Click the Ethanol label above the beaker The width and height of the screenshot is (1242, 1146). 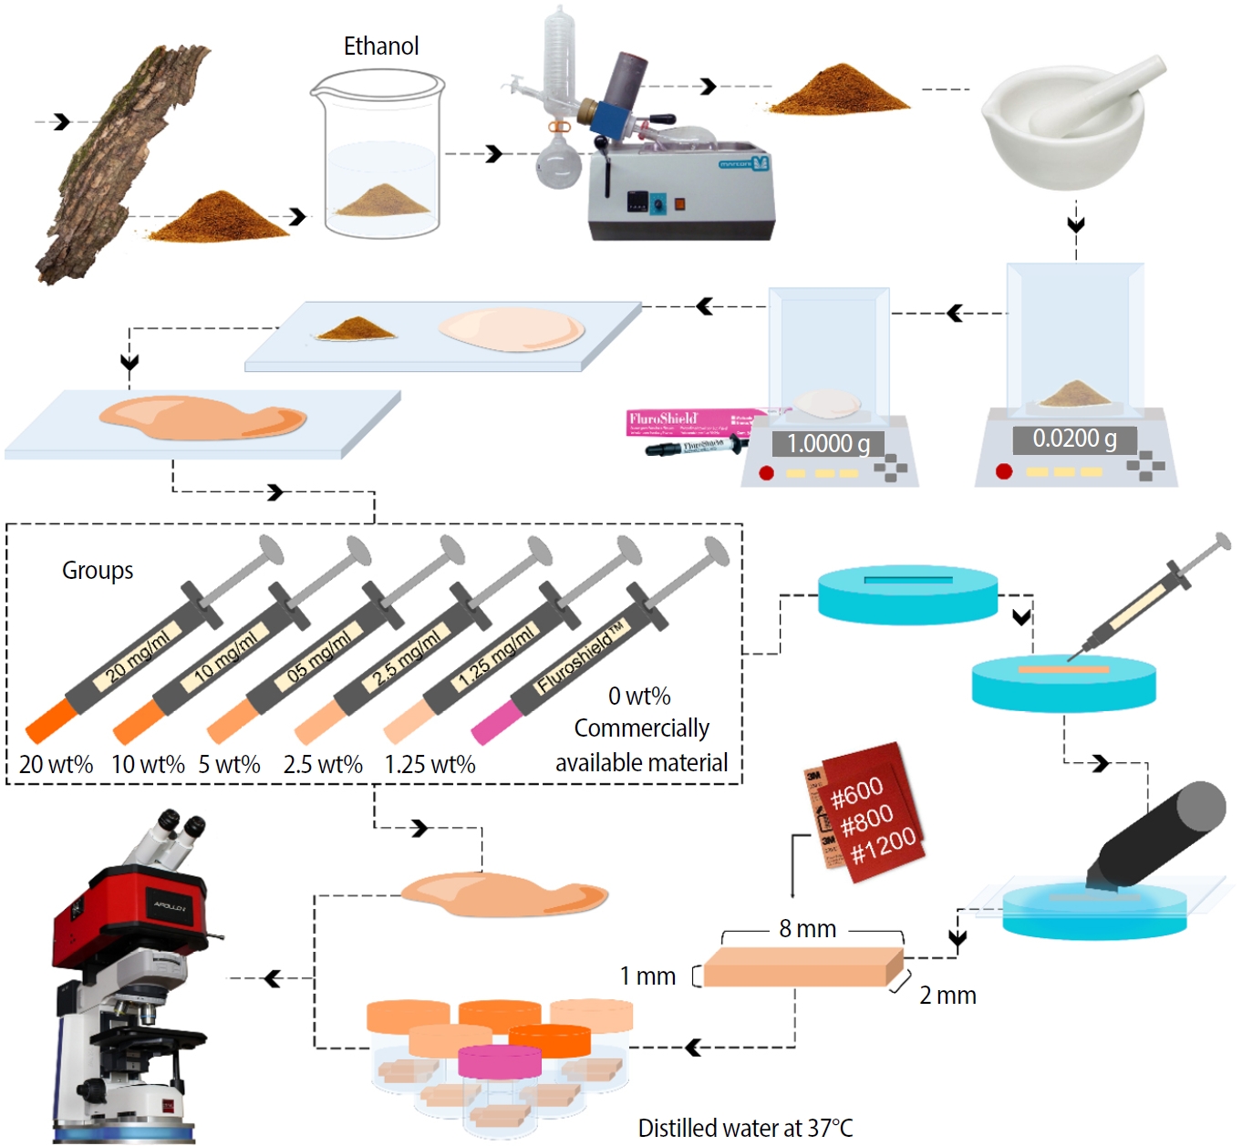[x=381, y=46]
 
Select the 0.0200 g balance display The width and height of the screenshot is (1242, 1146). [x=1074, y=439]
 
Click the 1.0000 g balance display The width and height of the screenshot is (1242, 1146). [x=828, y=444]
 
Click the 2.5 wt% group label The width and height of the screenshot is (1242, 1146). [x=323, y=765]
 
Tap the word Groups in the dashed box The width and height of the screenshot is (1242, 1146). [x=98, y=571]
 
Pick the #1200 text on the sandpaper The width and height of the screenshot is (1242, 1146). [x=883, y=846]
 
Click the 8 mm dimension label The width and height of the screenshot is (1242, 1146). [x=807, y=929]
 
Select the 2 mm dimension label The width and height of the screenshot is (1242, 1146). [x=947, y=996]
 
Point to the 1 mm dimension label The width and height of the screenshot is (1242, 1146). [x=647, y=976]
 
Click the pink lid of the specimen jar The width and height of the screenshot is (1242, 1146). [x=499, y=1060]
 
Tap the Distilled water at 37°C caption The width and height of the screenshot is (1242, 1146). [x=745, y=1128]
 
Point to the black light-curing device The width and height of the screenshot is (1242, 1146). [x=1158, y=834]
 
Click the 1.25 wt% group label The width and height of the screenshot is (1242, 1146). [x=430, y=765]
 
